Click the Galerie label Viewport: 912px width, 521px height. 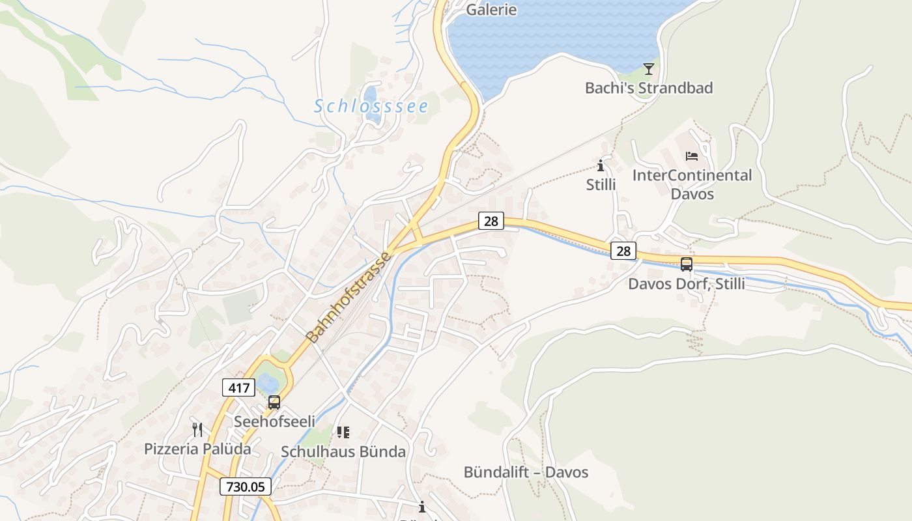(x=492, y=10)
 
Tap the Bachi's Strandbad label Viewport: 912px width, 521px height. (x=649, y=88)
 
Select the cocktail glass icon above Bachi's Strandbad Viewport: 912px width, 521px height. (x=648, y=68)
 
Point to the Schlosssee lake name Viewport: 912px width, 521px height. (x=371, y=106)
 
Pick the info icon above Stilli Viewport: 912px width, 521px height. (x=601, y=165)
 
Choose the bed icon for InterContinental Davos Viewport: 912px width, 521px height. (x=692, y=156)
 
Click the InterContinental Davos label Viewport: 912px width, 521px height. (x=692, y=184)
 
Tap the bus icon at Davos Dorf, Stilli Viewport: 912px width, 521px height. (x=687, y=264)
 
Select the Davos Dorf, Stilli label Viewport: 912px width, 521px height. (x=687, y=284)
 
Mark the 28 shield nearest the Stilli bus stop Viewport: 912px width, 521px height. (x=623, y=251)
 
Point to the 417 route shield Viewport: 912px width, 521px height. (x=238, y=388)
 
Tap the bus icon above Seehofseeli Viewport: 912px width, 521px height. (x=274, y=402)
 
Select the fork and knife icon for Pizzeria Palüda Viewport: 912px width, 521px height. (x=197, y=430)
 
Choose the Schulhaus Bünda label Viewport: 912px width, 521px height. (x=343, y=451)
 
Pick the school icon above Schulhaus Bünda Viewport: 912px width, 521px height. (x=343, y=432)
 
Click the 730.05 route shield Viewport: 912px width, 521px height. (x=245, y=486)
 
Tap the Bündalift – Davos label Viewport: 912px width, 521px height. (x=526, y=472)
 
